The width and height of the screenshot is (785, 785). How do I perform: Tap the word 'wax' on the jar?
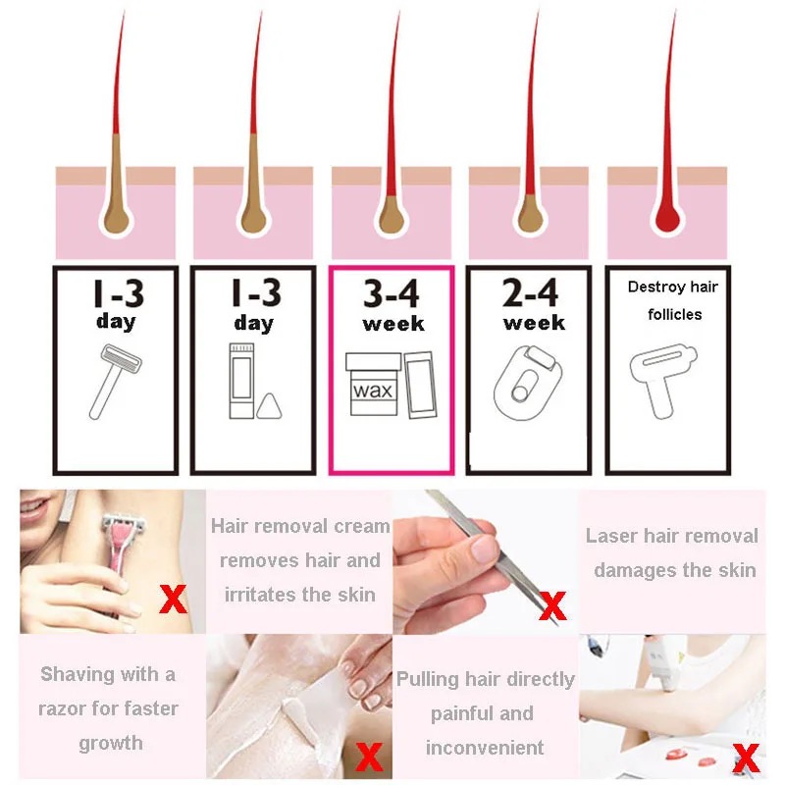(x=373, y=390)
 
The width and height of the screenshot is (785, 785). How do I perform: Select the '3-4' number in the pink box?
(x=392, y=292)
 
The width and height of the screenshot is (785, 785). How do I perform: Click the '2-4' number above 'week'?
(x=530, y=292)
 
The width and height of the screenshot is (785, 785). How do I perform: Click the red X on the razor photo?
(x=173, y=599)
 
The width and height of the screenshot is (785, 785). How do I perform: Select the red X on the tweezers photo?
(x=552, y=605)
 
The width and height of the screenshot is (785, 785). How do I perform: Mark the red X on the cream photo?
(x=369, y=756)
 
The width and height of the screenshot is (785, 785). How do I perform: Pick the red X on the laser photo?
(x=746, y=757)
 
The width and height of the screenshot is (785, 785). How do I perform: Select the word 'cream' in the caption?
(x=362, y=526)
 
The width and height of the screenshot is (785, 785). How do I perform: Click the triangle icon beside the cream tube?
(x=269, y=407)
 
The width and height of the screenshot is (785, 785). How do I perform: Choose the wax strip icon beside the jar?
(x=420, y=385)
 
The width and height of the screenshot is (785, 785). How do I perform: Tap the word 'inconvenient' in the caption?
(x=485, y=748)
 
